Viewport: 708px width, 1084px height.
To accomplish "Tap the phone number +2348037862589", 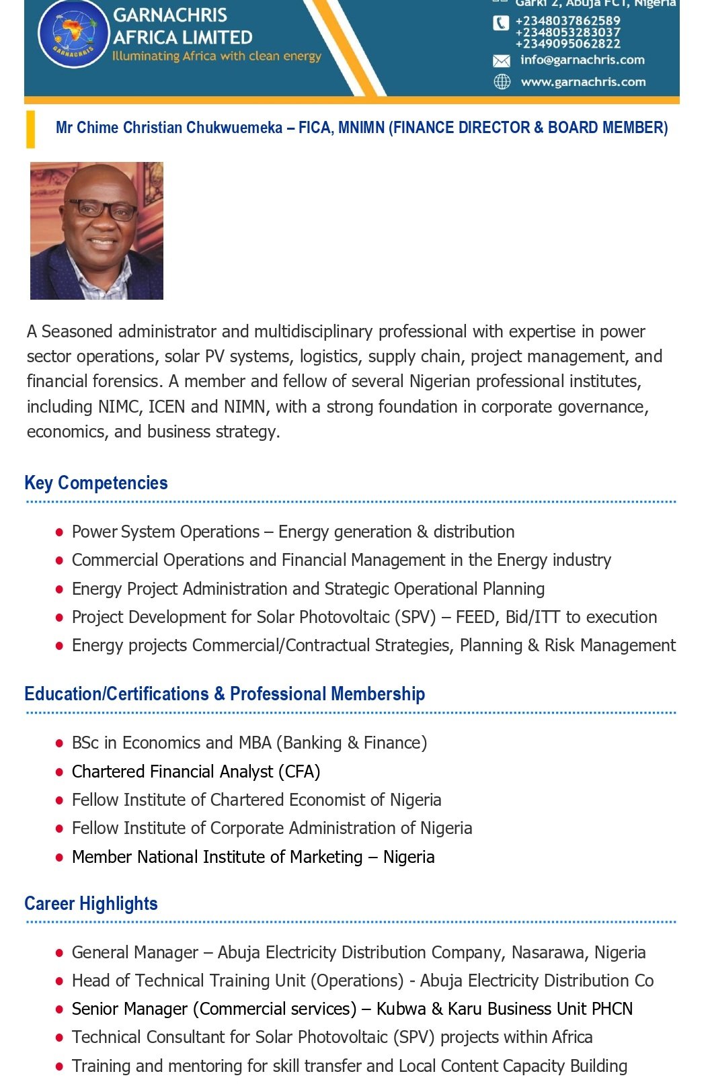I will coord(567,21).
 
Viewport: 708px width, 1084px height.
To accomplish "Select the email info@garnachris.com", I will coord(582,60).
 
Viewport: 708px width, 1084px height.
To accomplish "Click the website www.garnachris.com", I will coord(583,82).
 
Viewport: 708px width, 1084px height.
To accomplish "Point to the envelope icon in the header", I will coord(502,61).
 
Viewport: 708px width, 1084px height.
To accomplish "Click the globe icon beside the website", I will coord(502,82).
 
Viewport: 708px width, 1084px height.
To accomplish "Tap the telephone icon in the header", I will coord(501,24).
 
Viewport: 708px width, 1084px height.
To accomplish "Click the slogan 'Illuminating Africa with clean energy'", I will coord(217,56).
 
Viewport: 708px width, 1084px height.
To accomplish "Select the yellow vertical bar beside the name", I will coord(30,130).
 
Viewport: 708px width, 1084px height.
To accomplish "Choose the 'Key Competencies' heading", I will coord(96,483).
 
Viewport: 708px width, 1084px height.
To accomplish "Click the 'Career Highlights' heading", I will coord(91,904).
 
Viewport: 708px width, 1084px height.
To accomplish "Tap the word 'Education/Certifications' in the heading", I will coord(116,694).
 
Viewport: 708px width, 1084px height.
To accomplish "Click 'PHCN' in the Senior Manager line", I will coord(612,1009).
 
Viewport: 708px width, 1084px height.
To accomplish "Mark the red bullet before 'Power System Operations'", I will coord(59,532).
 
